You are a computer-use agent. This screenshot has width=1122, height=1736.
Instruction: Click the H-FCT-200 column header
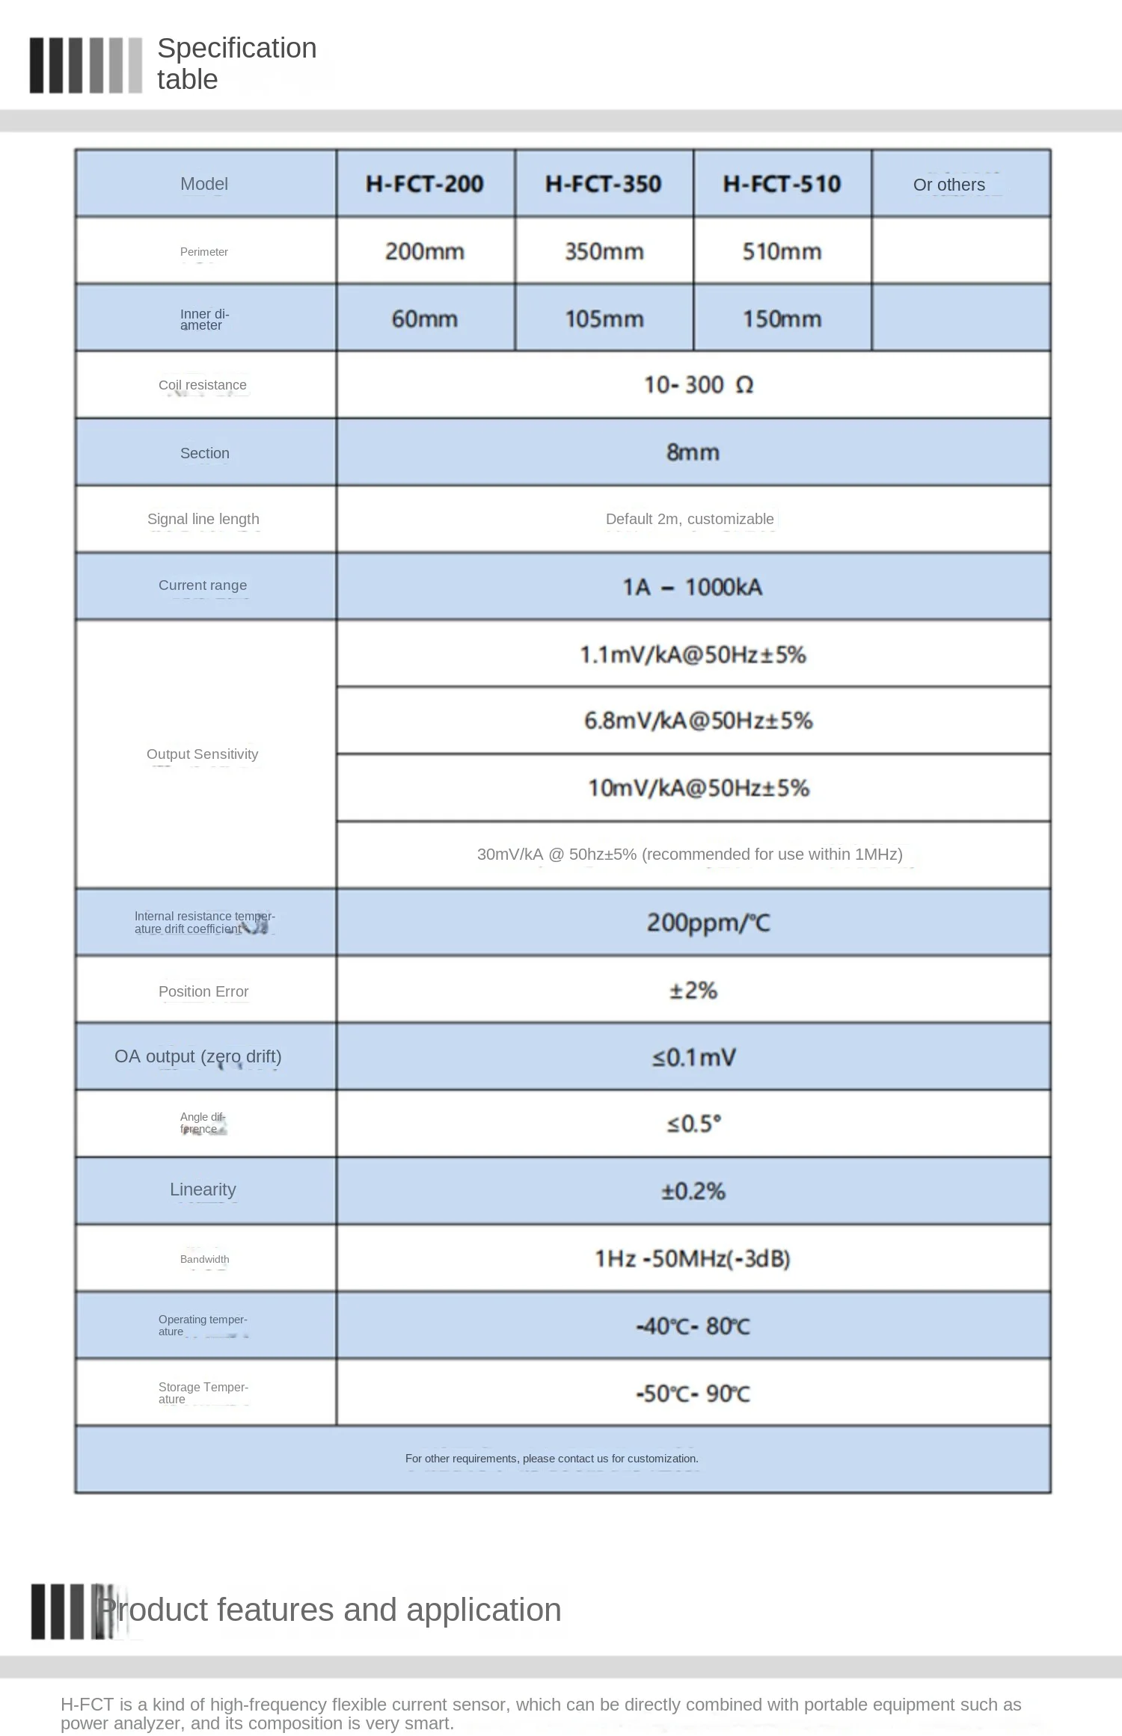click(x=425, y=184)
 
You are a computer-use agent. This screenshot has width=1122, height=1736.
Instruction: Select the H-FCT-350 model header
click(x=604, y=184)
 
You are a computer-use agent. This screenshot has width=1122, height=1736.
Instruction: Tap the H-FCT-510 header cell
click(x=782, y=184)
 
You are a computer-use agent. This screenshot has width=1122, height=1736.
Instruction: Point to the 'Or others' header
click(x=949, y=185)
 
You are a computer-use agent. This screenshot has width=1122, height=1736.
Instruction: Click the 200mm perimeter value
click(x=425, y=251)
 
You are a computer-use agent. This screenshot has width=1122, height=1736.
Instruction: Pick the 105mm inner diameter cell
click(x=604, y=319)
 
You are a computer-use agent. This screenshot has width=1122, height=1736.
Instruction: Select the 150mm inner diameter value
click(x=782, y=319)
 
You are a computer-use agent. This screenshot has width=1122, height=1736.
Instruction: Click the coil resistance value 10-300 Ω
click(x=698, y=385)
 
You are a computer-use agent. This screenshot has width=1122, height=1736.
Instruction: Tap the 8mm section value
click(x=693, y=452)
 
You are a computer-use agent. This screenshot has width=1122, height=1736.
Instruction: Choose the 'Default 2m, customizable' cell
click(x=690, y=519)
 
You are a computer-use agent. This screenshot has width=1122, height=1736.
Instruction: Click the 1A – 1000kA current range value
click(x=693, y=587)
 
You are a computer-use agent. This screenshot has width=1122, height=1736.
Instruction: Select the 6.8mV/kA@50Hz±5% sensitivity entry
click(x=698, y=721)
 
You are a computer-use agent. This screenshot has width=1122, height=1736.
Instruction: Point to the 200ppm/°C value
click(x=708, y=923)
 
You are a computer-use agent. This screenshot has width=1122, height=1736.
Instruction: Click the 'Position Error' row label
click(x=203, y=991)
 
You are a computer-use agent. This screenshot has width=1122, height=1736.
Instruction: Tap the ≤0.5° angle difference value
click(x=694, y=1124)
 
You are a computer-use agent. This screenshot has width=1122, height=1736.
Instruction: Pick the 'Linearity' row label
click(x=203, y=1189)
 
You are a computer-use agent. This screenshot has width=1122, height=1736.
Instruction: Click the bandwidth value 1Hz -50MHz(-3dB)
click(x=693, y=1258)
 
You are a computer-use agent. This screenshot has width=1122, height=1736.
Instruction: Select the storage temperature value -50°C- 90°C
click(x=693, y=1393)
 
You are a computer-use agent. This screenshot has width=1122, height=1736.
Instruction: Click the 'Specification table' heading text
click(x=236, y=64)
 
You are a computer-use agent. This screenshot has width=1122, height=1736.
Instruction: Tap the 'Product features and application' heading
click(x=331, y=1610)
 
